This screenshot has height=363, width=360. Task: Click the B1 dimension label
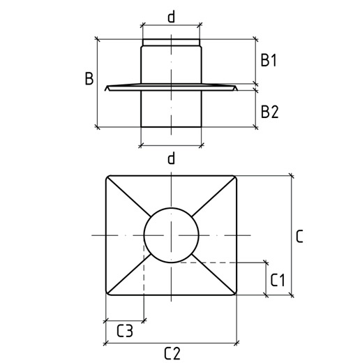[269, 60]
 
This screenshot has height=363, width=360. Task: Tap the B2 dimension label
[269, 112]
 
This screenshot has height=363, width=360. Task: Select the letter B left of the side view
[89, 78]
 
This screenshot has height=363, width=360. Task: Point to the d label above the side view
[171, 17]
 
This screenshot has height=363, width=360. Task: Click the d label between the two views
[171, 158]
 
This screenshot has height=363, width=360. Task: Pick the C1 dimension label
[278, 280]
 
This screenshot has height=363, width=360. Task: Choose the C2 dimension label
[172, 353]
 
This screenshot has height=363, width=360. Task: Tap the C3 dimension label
[125, 331]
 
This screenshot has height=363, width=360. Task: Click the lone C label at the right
[299, 237]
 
